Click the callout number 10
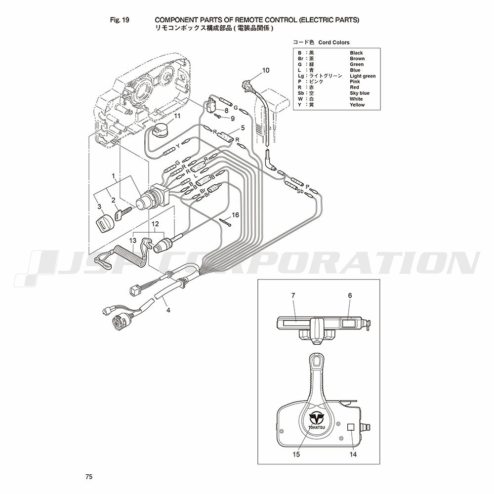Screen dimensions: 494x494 point(266,70)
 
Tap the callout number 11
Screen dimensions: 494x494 point(177,116)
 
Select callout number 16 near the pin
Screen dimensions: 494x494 point(235,215)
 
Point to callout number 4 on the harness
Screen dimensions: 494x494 point(168,310)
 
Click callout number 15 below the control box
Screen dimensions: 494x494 point(296,454)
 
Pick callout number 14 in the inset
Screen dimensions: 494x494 point(353,454)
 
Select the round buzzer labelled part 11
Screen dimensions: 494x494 point(161,131)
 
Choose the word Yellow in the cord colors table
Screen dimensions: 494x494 point(357,105)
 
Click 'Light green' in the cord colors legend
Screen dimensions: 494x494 point(363,76)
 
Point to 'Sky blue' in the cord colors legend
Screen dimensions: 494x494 point(360,93)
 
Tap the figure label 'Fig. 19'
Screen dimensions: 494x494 point(120,20)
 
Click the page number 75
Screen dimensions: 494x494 point(89,477)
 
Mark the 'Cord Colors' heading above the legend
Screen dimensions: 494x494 point(334,42)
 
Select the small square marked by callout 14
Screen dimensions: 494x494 point(351,427)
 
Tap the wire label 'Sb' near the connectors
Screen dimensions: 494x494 point(300,191)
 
